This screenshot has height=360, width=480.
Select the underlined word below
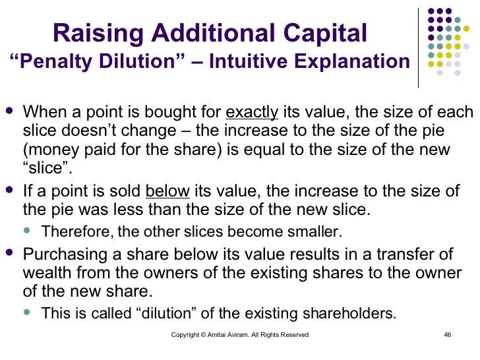click(167, 191)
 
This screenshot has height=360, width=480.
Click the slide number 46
click(447, 334)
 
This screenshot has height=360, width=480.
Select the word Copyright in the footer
click(186, 334)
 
